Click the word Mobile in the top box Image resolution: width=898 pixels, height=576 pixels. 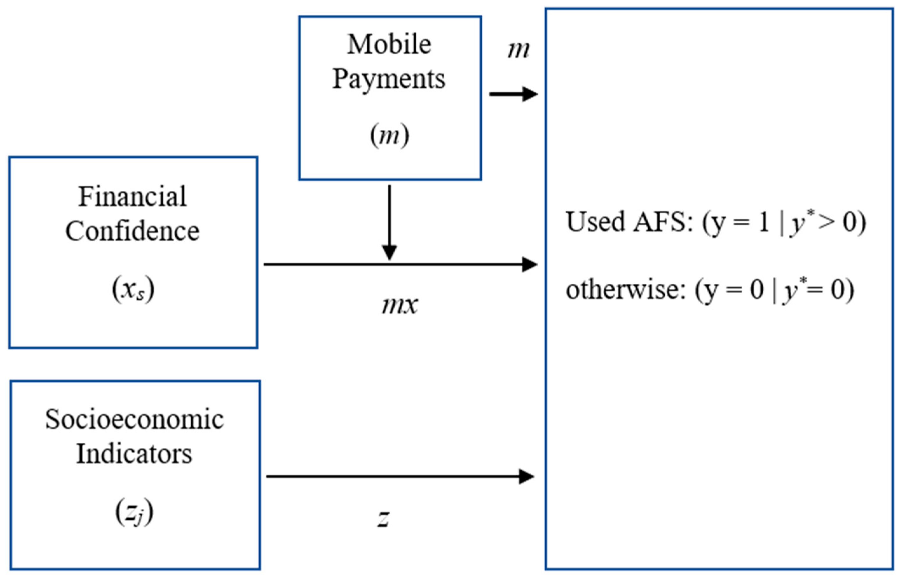pos(389,45)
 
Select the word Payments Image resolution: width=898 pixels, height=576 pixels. pos(389,80)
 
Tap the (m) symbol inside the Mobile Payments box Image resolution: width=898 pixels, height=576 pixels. pos(389,135)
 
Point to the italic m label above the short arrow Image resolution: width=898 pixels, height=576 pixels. pos(518,50)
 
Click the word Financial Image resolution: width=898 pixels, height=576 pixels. pos(132,197)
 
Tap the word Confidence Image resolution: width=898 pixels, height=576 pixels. pos(132,231)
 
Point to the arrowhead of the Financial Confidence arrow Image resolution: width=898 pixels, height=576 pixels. pos(529,264)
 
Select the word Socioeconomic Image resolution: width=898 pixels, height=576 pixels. pos(134,419)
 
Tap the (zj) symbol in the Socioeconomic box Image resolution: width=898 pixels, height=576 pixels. pos(134,512)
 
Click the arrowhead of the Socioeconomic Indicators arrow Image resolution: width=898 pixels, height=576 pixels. pos(527,476)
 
